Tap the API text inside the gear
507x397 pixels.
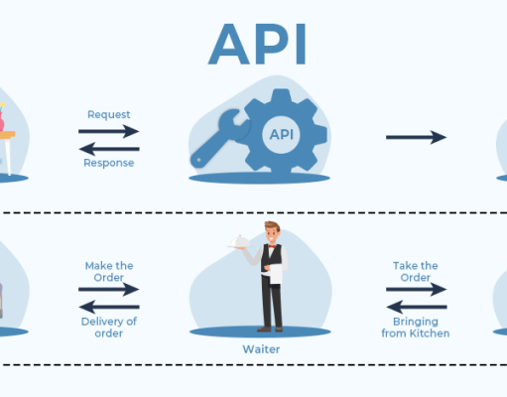coord(282,133)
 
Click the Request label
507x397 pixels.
coord(109,114)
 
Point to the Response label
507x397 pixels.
coord(109,163)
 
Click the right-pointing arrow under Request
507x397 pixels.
coord(109,130)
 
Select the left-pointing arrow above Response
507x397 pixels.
coord(109,147)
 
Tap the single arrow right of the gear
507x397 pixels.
coord(416,137)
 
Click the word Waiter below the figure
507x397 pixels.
coord(261,349)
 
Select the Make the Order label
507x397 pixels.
coord(109,271)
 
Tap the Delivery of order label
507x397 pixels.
coord(109,327)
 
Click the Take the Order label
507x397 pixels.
coord(416,271)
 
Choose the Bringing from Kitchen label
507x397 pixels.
coord(416,327)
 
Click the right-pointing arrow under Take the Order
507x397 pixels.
coord(416,289)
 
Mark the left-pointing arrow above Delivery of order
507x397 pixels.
coord(109,305)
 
